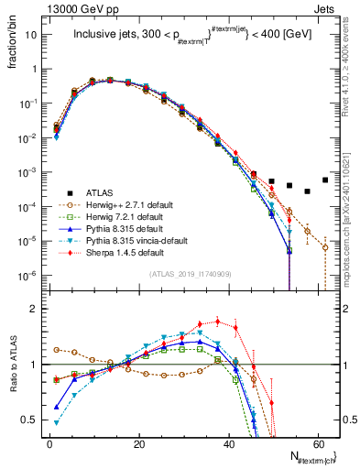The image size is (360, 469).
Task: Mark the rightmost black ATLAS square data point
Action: pos(325,180)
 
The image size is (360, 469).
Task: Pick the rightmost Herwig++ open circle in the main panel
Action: pos(325,246)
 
